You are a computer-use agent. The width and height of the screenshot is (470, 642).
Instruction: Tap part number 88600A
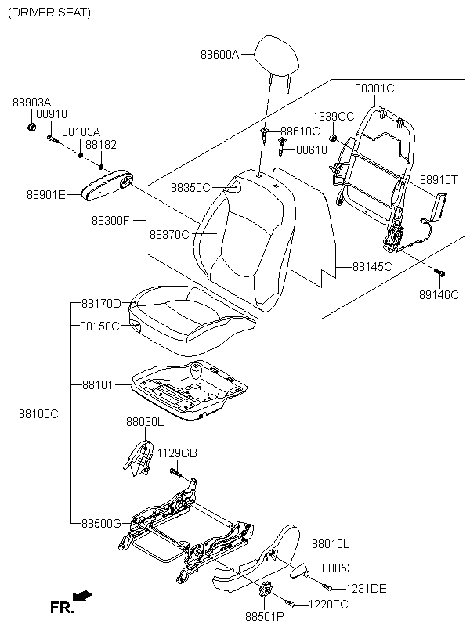[x=219, y=54]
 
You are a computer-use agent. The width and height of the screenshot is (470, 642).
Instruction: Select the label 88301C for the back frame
[x=374, y=88]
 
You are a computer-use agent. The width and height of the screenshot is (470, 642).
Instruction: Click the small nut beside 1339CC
[x=334, y=138]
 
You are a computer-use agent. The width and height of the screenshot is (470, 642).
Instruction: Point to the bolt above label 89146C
[x=439, y=272]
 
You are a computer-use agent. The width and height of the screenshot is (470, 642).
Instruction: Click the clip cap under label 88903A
[x=31, y=127]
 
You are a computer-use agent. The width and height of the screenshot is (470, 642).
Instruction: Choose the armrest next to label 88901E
[x=107, y=186]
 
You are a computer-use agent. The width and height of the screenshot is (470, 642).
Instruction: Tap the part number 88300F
[x=110, y=221]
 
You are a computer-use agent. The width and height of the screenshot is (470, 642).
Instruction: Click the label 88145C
[x=372, y=266]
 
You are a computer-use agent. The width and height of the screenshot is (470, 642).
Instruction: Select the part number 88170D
[x=101, y=304]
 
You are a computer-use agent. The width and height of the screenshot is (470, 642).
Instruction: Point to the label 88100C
[x=39, y=413]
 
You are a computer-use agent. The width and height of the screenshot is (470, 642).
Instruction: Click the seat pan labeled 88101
[x=190, y=390]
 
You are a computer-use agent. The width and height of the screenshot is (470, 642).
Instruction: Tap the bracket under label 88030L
[x=137, y=458]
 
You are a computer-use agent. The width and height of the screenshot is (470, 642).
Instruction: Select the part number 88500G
[x=101, y=523]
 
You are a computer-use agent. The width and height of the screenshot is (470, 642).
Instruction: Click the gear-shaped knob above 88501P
[x=265, y=590]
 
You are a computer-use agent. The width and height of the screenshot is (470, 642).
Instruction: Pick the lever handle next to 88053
[x=298, y=570]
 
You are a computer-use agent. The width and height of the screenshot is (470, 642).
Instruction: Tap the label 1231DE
[x=367, y=588]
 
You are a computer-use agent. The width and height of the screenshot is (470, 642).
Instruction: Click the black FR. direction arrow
[x=82, y=596]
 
